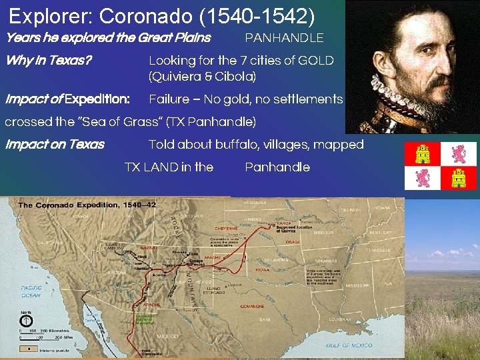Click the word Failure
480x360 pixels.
[x=169, y=99]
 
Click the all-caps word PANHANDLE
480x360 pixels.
[x=284, y=38]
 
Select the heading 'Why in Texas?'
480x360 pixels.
[x=48, y=61]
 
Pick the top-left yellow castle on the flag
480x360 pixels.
[x=423, y=153]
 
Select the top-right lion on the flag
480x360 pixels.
[x=459, y=153]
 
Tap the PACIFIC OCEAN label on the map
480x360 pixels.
[x=30, y=291]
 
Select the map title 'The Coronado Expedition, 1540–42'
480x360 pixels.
[x=87, y=205]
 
